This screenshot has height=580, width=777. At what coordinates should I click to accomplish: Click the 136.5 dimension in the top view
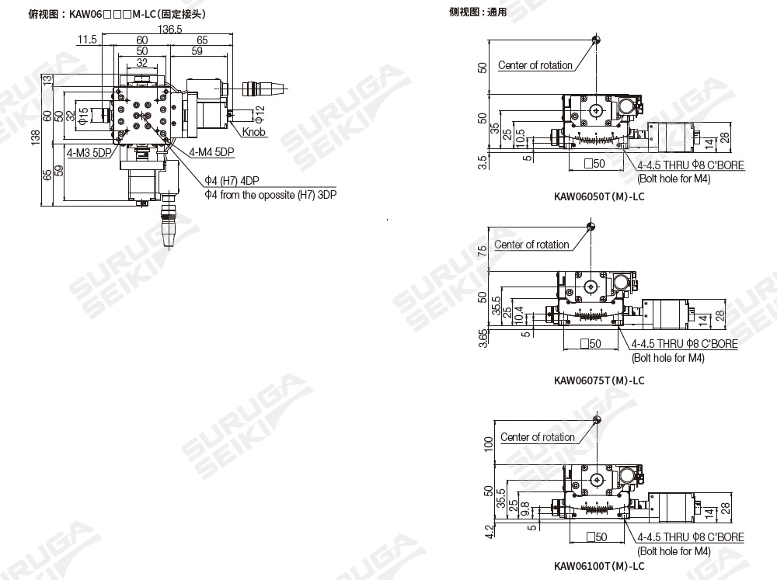point(169,30)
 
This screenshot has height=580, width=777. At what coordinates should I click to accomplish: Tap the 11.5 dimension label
point(87,40)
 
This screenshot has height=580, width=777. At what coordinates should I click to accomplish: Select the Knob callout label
point(253,132)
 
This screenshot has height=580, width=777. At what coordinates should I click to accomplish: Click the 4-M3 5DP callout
point(89,152)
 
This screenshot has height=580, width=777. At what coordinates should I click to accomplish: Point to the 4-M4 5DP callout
point(211,152)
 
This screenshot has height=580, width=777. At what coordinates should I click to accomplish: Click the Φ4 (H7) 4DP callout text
point(232,181)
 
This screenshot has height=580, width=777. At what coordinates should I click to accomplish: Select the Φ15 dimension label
point(83,116)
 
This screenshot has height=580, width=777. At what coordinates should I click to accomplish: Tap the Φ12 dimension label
point(260,114)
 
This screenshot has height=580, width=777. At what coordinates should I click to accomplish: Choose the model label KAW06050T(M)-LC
point(599,196)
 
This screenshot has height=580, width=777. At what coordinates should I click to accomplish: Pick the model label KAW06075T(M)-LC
point(599,380)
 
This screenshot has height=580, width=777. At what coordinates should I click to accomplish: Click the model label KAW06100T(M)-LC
point(599,566)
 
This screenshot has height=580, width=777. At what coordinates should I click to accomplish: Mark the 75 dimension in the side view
point(482,251)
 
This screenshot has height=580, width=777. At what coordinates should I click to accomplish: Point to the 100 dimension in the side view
point(489,444)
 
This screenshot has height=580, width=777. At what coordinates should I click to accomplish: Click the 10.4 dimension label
point(519,315)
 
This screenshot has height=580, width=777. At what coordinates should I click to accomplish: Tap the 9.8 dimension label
point(525,509)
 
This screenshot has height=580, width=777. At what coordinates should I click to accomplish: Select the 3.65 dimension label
point(483,339)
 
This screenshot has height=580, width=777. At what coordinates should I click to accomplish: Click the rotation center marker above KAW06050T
point(596,40)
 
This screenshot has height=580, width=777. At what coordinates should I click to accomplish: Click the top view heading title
point(117,14)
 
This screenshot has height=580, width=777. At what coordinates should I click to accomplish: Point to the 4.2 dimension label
point(489,531)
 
